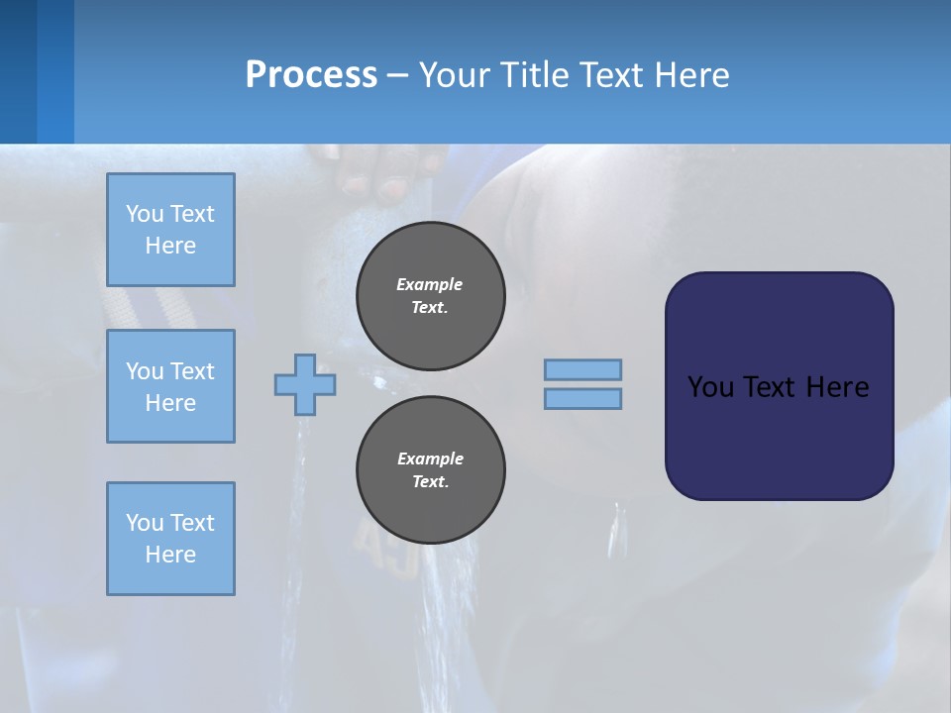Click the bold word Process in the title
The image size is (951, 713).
point(311,74)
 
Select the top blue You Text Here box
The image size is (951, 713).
point(170,230)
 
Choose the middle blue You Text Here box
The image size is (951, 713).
point(170,386)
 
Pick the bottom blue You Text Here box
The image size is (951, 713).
point(170,539)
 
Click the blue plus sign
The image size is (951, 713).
point(305,384)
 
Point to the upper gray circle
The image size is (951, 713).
point(430,296)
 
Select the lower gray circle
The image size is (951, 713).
point(430,470)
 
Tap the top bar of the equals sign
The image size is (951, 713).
point(582,370)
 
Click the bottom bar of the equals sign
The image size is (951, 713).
point(582,398)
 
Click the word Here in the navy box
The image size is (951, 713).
point(837,386)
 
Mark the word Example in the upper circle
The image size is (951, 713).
point(430,284)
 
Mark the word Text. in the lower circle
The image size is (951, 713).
point(430,482)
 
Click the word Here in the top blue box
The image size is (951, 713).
point(170,246)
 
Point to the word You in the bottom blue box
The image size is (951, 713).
point(145,522)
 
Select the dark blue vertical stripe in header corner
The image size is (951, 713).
point(18,71)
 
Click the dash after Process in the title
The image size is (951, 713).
point(397,75)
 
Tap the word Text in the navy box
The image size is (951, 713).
point(771,386)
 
